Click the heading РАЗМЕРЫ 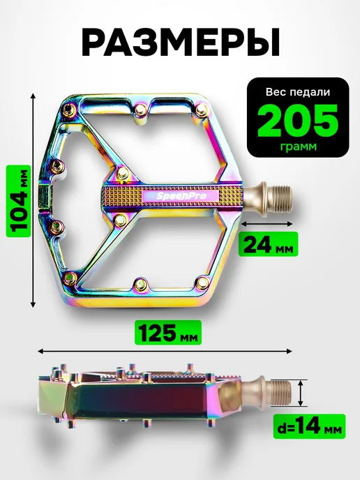[180, 43]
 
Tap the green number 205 [297, 121]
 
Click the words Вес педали [297, 92]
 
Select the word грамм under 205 [298, 147]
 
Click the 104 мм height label [18, 201]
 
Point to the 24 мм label [269, 244]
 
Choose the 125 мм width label [168, 333]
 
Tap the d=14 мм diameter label [309, 426]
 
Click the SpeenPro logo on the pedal [181, 195]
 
